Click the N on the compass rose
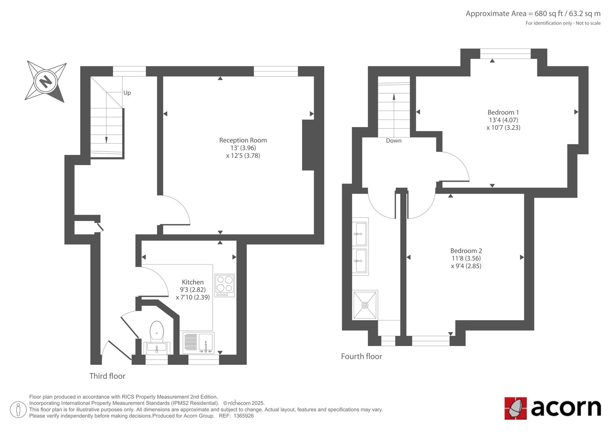click(x=45, y=81)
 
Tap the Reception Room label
click(x=243, y=140)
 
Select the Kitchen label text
click(x=192, y=282)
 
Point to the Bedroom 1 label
click(x=503, y=112)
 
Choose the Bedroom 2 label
click(x=466, y=251)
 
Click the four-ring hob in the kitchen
click(x=225, y=285)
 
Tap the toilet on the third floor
click(x=157, y=331)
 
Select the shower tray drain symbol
click(x=365, y=305)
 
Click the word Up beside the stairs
click(x=127, y=93)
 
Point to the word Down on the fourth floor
click(x=394, y=141)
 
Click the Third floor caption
click(x=107, y=376)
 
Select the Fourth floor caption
click(x=361, y=356)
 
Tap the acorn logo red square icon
click(x=515, y=408)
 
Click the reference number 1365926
click(x=243, y=416)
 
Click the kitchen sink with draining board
click(x=198, y=343)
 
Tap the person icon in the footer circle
click(x=18, y=409)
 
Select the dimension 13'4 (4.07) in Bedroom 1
click(x=503, y=120)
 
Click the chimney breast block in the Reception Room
click(x=309, y=145)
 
